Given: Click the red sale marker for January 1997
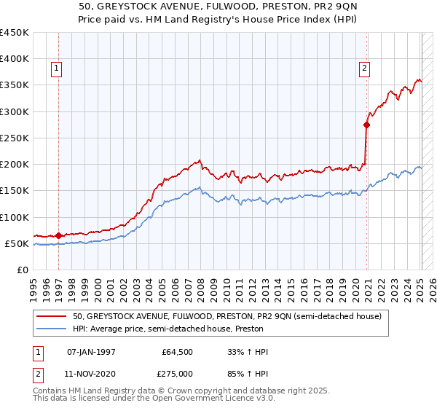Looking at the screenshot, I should [58, 235].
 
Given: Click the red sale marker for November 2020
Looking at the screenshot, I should [367, 125].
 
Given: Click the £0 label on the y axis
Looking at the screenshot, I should [23, 270].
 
